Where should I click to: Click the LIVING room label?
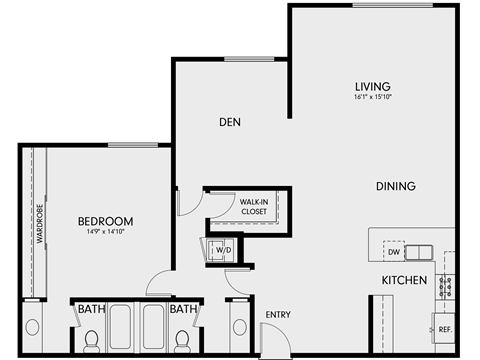372,86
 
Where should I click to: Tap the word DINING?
396,186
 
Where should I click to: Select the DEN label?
232,123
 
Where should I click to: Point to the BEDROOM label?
106,220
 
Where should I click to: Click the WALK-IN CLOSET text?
253,207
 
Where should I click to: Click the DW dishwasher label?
394,252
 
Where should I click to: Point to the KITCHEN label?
404,281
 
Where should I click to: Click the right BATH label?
182,310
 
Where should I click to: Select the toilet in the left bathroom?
90,342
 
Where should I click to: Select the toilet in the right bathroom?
182,342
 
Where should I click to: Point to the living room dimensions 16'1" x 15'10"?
372,98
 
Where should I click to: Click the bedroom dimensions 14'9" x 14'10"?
106,232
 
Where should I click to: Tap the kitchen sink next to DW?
421,251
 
